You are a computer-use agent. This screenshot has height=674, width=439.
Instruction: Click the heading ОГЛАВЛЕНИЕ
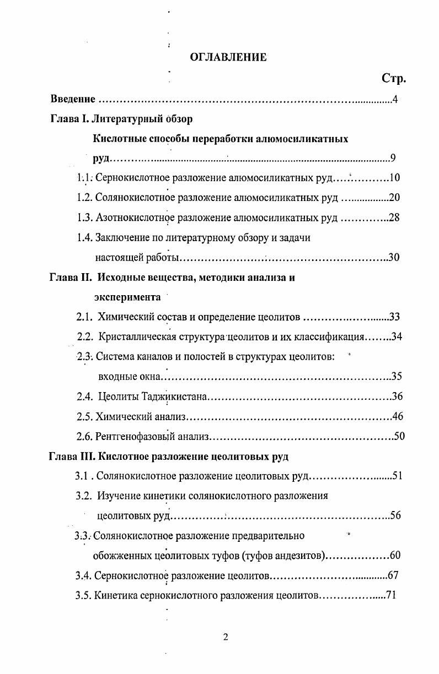[x=228, y=57]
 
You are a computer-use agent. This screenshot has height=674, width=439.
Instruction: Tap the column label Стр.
[x=393, y=79]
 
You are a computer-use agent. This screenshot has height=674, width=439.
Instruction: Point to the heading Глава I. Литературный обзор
[x=121, y=119]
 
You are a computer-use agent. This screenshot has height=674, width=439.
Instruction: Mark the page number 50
[x=399, y=437]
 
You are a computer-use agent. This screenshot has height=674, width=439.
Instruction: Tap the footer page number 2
[x=225, y=638]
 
